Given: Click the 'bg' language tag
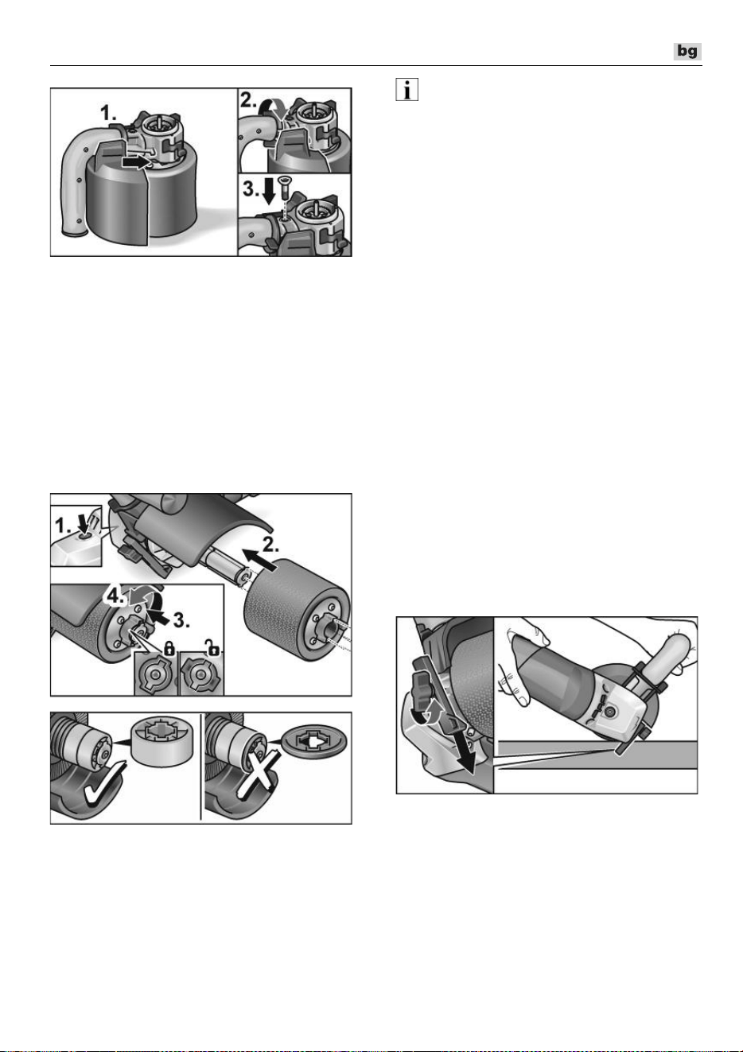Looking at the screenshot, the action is point(687,51).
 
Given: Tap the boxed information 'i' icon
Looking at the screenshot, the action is point(407,89).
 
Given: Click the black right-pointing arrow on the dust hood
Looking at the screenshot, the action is point(133,162).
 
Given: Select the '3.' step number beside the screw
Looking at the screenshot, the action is point(251,190).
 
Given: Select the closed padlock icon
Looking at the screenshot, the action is point(169,650).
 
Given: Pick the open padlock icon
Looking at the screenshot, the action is point(213,649).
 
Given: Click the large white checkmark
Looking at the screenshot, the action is point(104,783).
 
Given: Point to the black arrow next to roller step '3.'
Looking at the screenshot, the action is point(159,616).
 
